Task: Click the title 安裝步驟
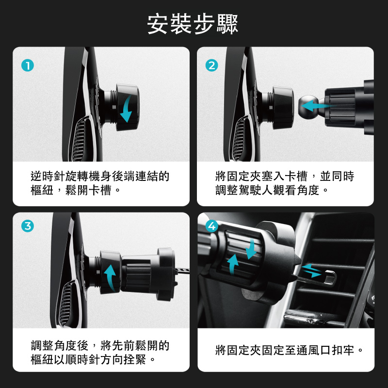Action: tap(193, 24)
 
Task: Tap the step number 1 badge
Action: tap(28, 65)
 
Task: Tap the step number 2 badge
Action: tap(212, 65)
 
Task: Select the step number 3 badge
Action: tap(28, 226)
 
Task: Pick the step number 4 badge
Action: tap(212, 226)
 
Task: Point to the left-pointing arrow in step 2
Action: tap(317, 105)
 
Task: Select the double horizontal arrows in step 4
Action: tap(312, 271)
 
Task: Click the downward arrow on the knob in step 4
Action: tap(252, 249)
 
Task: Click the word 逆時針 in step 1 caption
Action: tap(48, 177)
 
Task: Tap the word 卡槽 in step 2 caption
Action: tap(296, 177)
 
